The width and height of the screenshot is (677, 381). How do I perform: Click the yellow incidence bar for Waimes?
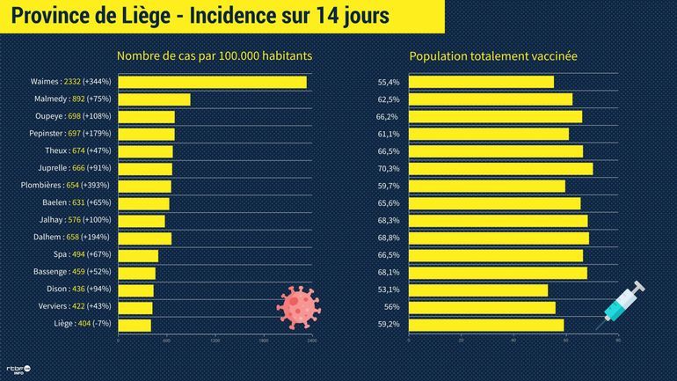coord(212,82)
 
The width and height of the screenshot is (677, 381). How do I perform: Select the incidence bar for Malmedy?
coord(154,99)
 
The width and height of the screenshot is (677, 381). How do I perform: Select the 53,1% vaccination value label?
coord(388,289)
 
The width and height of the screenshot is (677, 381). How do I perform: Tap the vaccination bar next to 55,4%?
coord(482,82)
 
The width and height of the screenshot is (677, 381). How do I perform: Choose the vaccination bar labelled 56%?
coord(483,307)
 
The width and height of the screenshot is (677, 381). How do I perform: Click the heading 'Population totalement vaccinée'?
coord(493,56)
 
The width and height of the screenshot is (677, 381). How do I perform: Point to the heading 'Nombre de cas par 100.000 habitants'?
coord(215,56)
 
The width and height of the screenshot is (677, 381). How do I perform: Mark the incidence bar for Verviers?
coord(135,307)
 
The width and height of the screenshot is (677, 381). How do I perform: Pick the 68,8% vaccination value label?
coord(388,238)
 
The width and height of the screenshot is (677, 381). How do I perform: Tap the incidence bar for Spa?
coord(138,255)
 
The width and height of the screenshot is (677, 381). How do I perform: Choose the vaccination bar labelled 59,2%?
coord(487,325)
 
